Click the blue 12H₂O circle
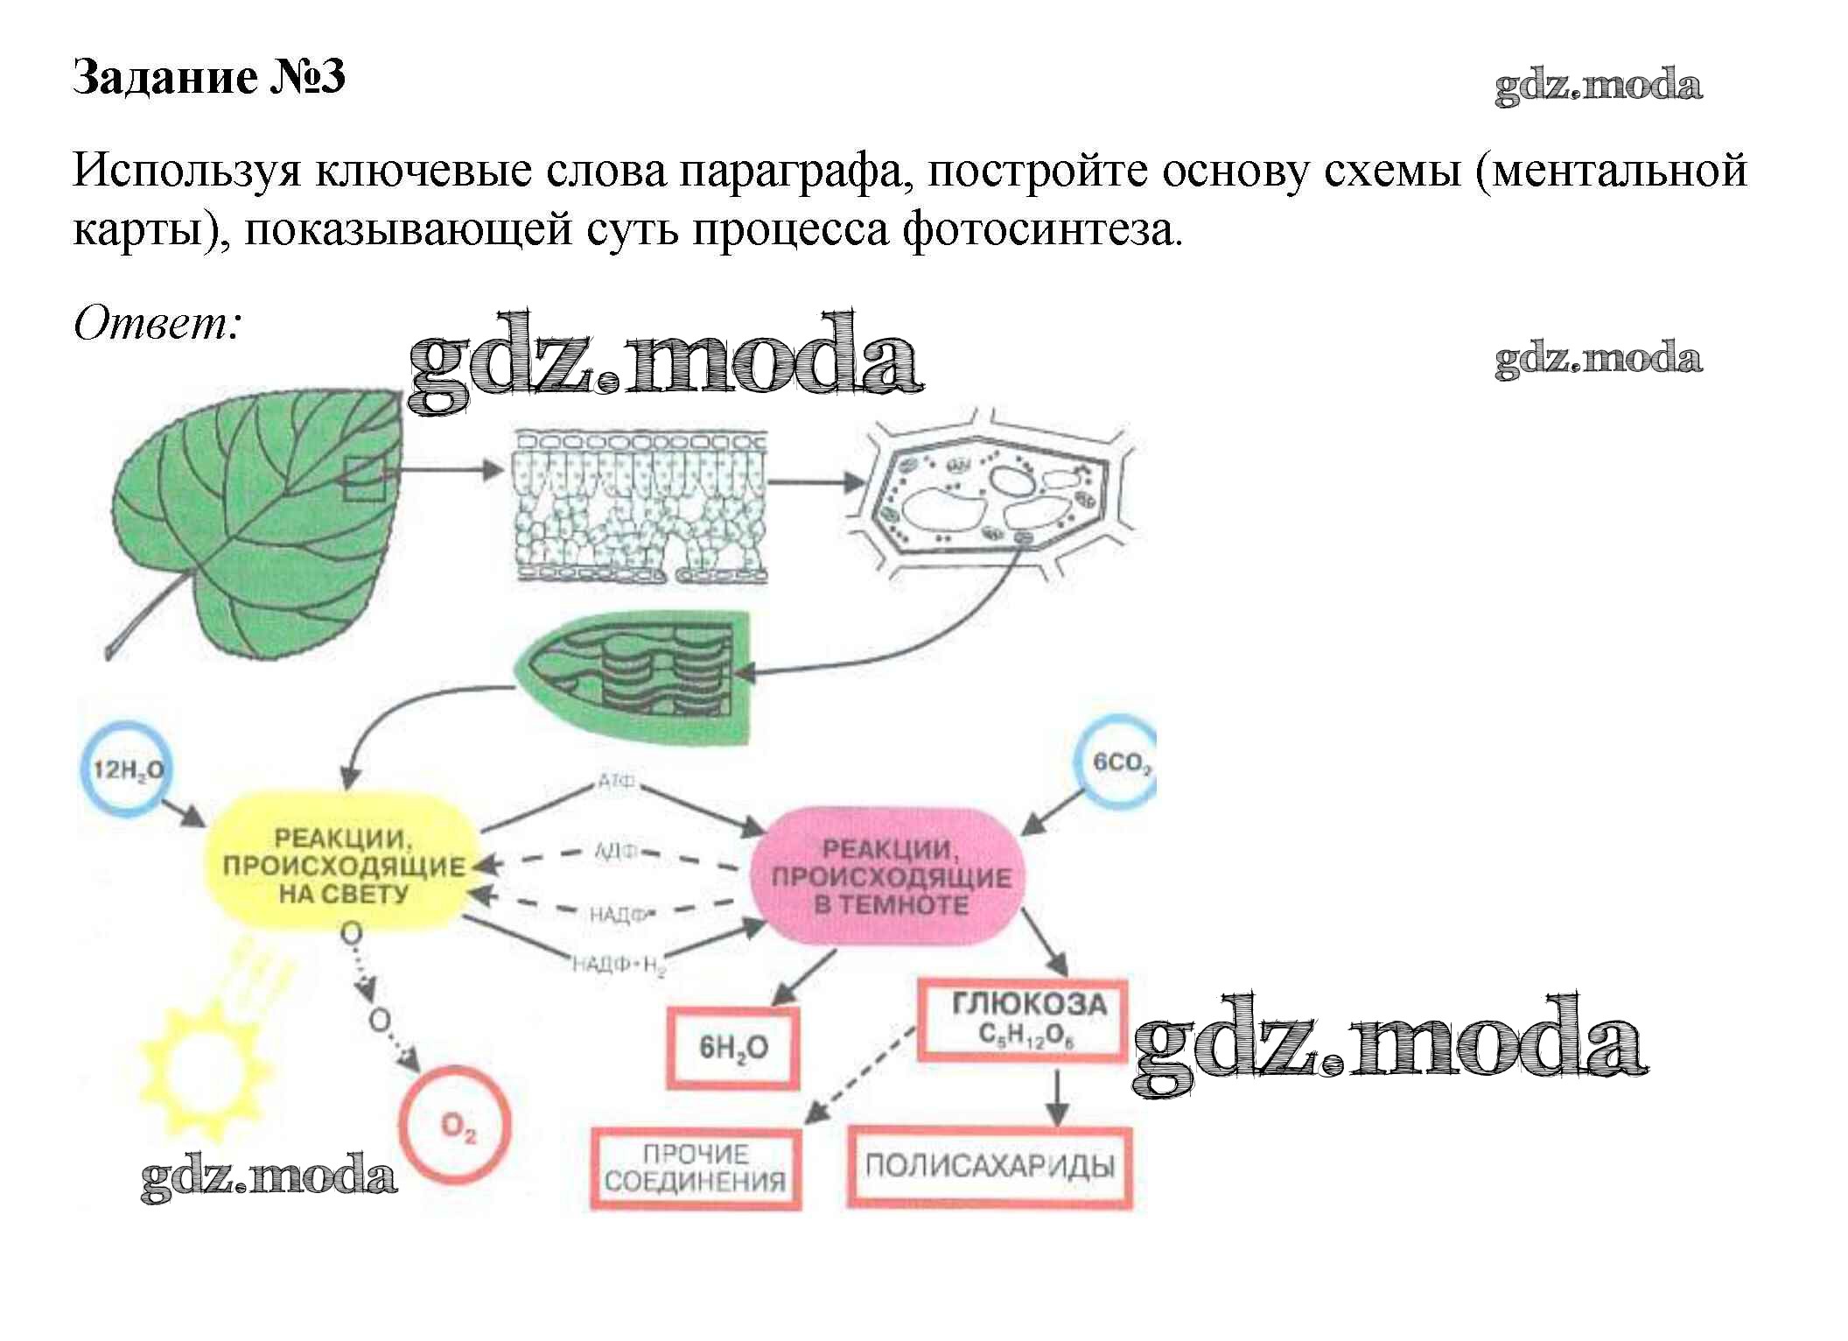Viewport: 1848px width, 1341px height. coord(128,769)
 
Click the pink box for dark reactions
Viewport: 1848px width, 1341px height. coord(889,876)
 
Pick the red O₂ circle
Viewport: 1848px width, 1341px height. coord(455,1124)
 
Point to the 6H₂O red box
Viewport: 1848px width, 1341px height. coord(733,1047)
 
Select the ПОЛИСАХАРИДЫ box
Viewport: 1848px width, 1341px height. coord(990,1166)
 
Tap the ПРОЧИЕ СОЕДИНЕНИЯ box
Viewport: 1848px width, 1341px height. coord(696,1168)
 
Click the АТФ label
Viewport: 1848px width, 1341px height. coord(616,782)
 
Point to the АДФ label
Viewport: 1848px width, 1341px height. coord(616,851)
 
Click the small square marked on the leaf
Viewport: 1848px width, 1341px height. coord(364,479)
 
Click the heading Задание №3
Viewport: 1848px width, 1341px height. coord(209,77)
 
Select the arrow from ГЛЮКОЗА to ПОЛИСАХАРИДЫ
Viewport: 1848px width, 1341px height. coord(1058,1096)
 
